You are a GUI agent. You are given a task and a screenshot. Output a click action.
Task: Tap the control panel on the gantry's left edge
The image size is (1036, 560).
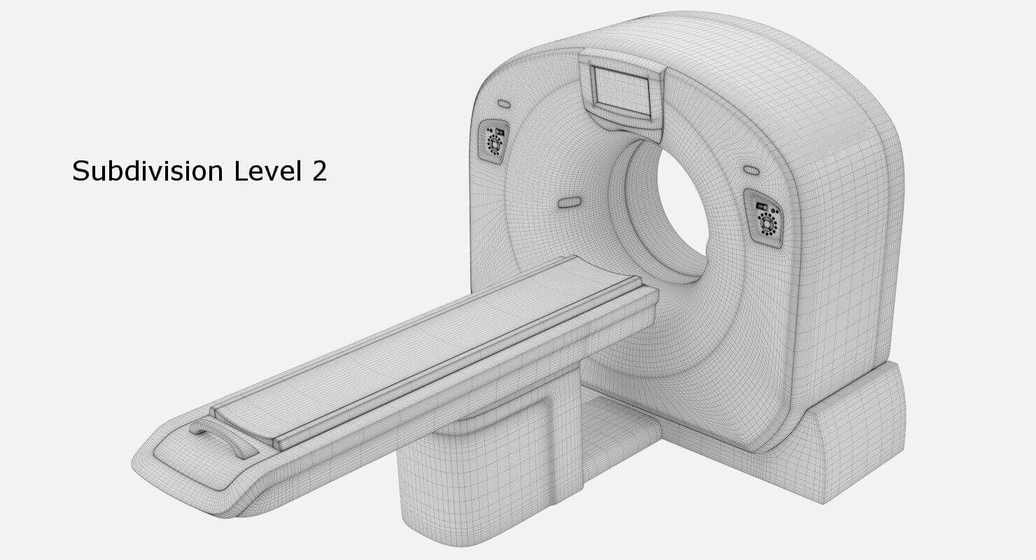(495, 139)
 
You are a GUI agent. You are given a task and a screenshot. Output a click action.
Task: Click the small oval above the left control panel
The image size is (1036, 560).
(503, 104)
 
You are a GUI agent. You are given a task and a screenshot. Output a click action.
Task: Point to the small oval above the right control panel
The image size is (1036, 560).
(751, 170)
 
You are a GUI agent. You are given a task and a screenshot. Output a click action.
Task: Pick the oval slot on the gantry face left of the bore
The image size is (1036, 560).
(569, 203)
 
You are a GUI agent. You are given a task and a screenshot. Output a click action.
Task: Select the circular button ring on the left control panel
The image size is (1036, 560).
(495, 144)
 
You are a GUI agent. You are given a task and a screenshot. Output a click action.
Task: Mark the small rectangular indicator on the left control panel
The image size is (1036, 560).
(500, 131)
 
